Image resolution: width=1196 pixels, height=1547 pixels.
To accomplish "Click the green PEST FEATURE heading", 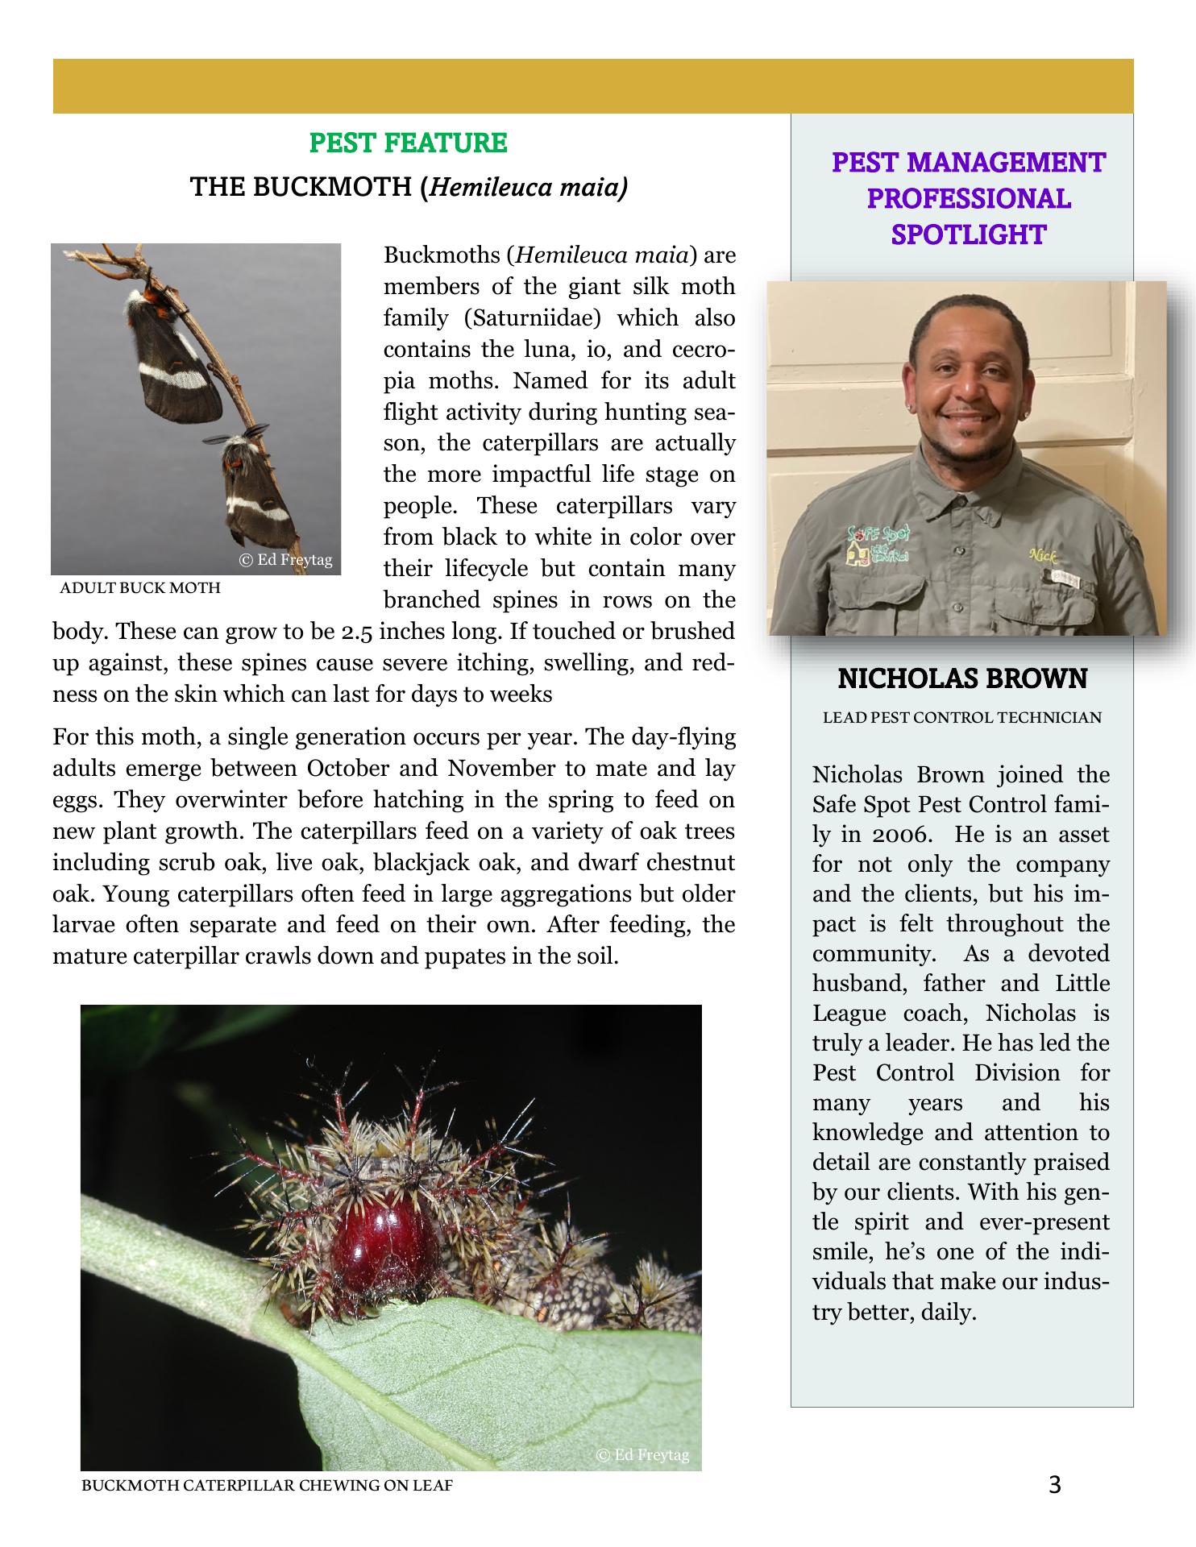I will (x=408, y=143).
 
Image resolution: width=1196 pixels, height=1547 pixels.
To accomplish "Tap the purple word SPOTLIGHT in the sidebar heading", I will (x=968, y=234).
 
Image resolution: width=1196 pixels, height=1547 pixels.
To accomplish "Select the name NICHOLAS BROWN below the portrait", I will (x=962, y=679).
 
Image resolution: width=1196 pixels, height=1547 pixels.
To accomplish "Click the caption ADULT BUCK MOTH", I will (x=140, y=588).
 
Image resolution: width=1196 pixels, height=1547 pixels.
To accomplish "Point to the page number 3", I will (x=1056, y=1484).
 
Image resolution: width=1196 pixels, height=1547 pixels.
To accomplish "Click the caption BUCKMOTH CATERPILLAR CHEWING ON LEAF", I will (x=267, y=1485).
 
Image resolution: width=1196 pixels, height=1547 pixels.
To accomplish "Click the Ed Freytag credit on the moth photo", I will (x=285, y=560).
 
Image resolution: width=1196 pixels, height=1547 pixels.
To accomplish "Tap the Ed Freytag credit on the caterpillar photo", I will (x=642, y=1454).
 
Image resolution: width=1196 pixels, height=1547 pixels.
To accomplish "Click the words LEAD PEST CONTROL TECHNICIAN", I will (x=961, y=718).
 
